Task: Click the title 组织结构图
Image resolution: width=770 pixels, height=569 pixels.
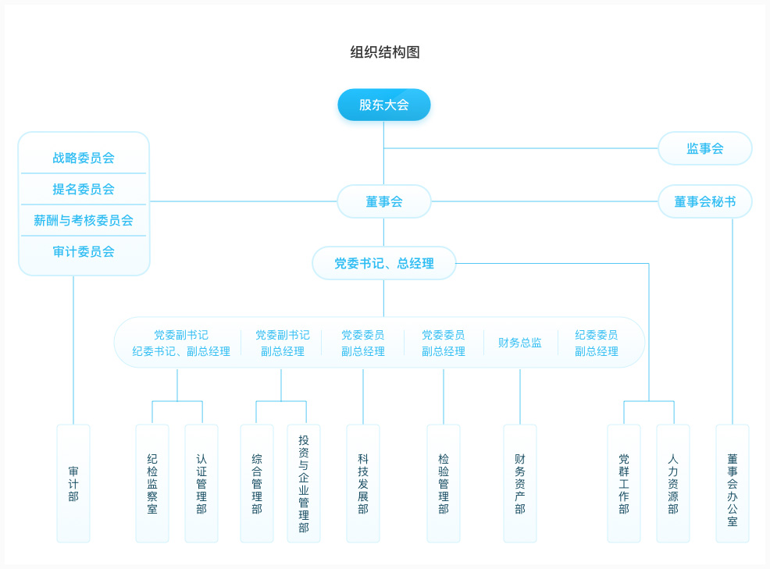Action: (x=384, y=52)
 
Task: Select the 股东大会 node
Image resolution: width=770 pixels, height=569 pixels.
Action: (x=384, y=105)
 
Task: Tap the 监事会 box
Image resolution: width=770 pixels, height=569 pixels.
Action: (x=704, y=148)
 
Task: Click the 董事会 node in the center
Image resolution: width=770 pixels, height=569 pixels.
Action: (x=384, y=201)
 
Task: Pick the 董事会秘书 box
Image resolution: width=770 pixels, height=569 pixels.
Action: (x=704, y=201)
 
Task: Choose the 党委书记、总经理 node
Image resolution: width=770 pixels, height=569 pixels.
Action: (x=384, y=263)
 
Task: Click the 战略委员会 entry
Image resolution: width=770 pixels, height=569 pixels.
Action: (x=84, y=158)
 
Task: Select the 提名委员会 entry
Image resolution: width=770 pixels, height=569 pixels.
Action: (x=84, y=189)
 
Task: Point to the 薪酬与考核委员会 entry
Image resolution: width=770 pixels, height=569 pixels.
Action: (x=84, y=220)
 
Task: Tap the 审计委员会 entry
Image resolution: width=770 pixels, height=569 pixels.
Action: (x=84, y=252)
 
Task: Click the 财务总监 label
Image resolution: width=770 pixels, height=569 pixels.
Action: (x=519, y=343)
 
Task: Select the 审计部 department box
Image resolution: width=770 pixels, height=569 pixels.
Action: (x=73, y=484)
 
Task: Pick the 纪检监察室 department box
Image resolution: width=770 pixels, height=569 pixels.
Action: (x=152, y=484)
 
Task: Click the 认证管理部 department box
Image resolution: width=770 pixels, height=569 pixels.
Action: (x=201, y=484)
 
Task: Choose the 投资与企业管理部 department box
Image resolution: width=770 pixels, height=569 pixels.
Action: (x=304, y=484)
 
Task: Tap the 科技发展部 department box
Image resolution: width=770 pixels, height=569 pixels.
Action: (x=363, y=484)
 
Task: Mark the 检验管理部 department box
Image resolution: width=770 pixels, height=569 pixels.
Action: (x=444, y=484)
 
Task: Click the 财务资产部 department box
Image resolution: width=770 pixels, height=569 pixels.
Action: (x=520, y=484)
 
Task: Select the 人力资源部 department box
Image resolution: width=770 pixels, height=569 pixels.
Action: (x=673, y=484)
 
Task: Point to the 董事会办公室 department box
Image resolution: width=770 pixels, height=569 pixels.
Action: (x=733, y=484)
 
